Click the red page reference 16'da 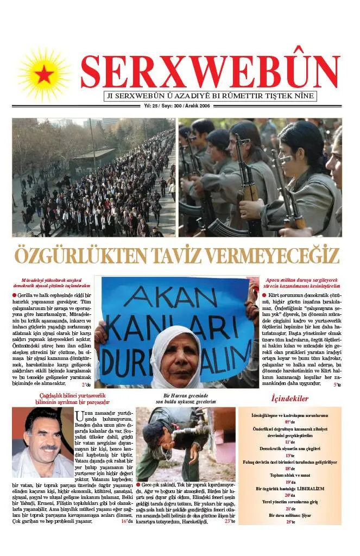pos(127,521)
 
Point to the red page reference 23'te pos(230,521)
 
